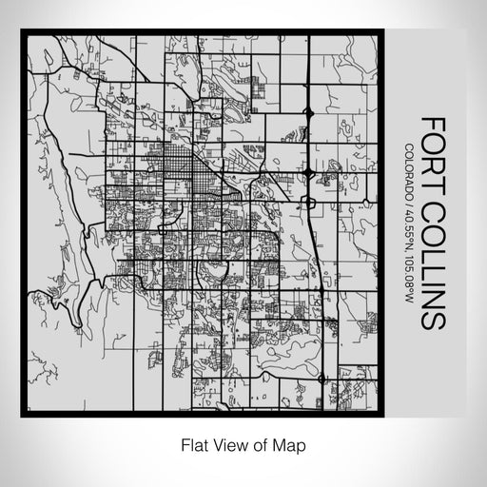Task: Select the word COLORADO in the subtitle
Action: [409, 171]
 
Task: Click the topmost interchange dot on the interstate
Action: [310, 113]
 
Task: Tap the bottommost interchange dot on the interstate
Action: [321, 378]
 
